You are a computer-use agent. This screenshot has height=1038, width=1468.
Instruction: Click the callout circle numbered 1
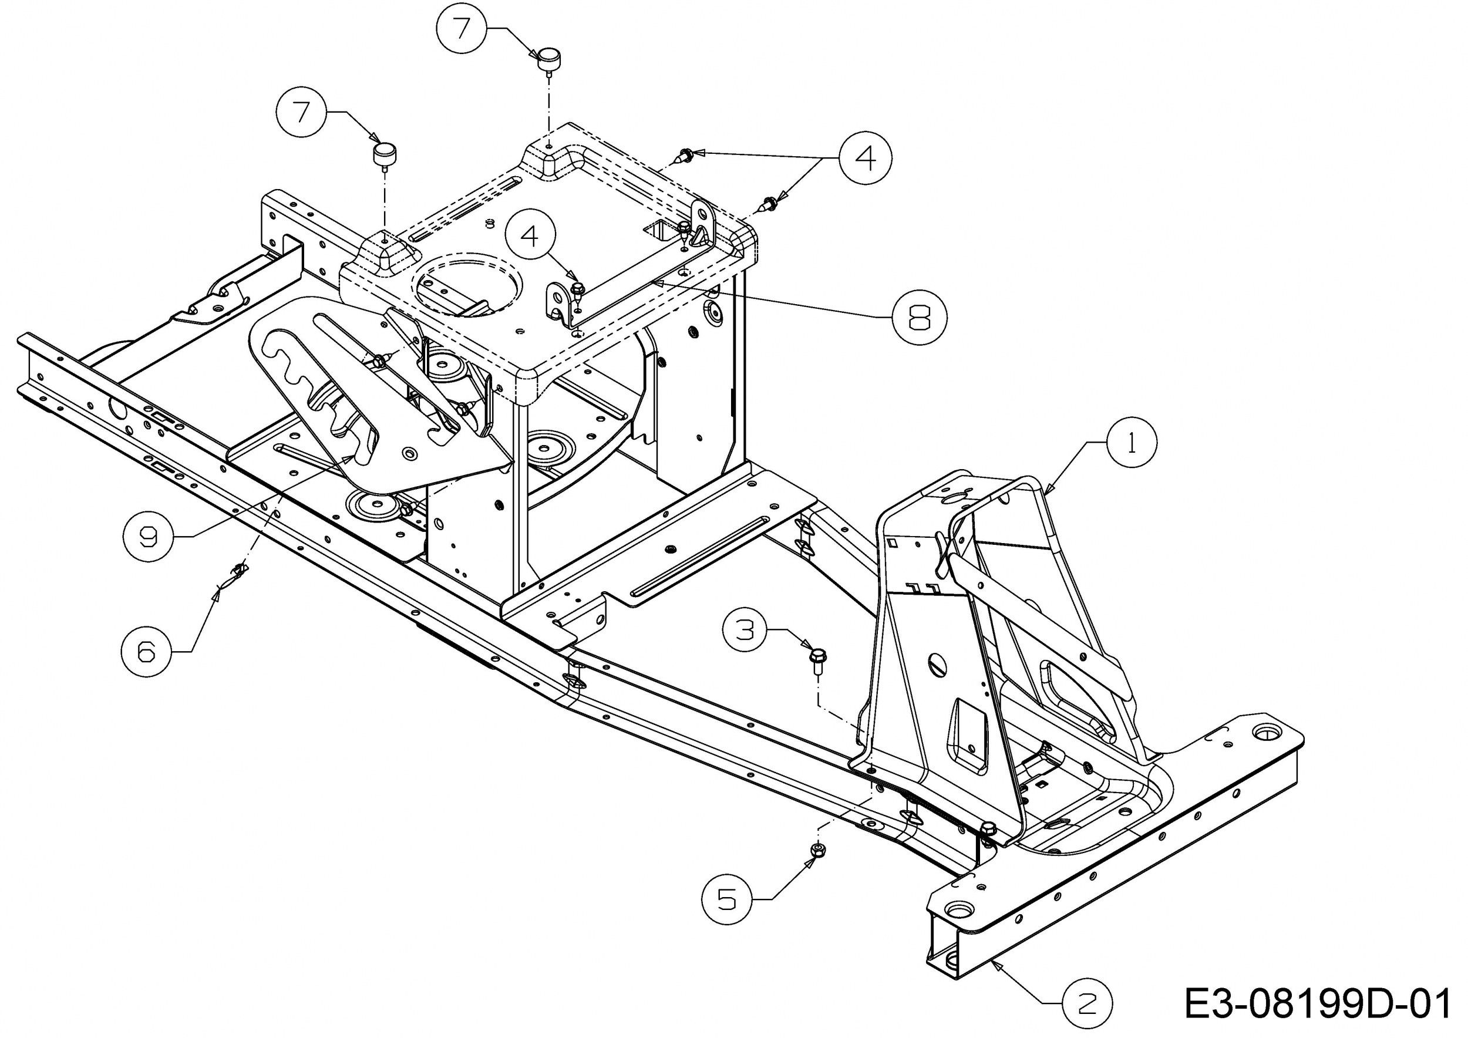[1132, 442]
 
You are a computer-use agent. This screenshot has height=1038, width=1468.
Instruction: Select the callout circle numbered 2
[1087, 1003]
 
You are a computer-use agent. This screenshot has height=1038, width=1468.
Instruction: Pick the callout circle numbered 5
[727, 899]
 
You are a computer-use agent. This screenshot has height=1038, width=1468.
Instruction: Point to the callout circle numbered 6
[147, 651]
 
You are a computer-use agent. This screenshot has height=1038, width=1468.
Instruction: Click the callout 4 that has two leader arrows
[866, 158]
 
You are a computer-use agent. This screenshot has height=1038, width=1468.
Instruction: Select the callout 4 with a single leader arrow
[530, 236]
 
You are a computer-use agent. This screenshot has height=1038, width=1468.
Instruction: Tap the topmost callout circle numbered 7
[462, 29]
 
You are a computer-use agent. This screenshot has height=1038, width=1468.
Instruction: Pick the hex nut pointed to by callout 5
[817, 850]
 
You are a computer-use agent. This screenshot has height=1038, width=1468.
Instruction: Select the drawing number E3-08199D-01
[1317, 1003]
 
